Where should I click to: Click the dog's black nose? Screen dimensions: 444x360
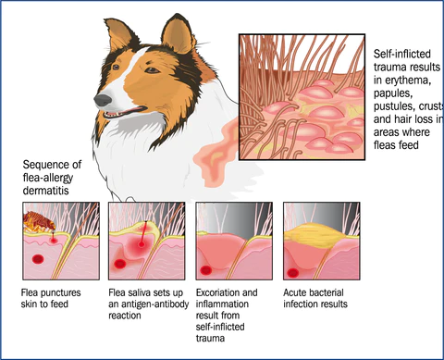coord(103,100)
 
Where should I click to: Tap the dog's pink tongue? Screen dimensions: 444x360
coord(135,110)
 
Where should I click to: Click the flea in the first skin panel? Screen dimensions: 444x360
coord(40,221)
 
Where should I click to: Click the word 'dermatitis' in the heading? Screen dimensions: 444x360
coord(46,191)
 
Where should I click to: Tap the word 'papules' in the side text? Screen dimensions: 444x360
coord(391,93)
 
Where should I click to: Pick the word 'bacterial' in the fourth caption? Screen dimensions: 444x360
coord(325,292)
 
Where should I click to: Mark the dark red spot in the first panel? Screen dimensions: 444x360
coord(38,259)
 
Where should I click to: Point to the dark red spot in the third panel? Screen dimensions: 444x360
coord(205,270)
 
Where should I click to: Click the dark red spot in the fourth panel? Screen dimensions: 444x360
coord(292,273)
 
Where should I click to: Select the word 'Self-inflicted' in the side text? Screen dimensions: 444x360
coord(402,54)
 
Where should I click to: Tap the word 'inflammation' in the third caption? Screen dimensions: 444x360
coord(222,304)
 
